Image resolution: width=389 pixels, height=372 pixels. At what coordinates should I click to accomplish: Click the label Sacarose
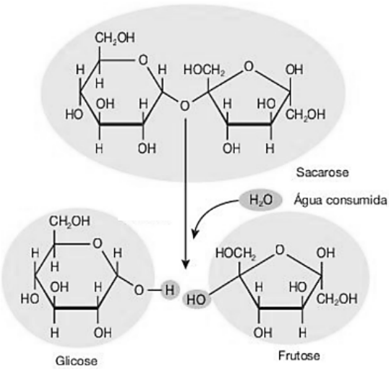(322, 172)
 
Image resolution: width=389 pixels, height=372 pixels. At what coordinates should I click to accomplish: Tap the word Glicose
(76, 361)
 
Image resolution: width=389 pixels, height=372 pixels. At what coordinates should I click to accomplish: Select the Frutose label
(299, 355)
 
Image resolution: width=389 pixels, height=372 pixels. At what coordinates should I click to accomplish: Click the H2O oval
(261, 200)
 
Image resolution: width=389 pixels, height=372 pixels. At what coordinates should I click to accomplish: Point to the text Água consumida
(340, 200)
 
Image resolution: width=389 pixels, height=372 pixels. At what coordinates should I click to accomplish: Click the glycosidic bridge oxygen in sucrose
(184, 106)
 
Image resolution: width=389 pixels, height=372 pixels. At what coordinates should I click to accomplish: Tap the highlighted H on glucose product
(169, 290)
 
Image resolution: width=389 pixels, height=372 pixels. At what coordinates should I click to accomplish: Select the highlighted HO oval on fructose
(197, 299)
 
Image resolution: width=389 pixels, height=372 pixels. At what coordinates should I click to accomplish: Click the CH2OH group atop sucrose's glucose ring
(115, 38)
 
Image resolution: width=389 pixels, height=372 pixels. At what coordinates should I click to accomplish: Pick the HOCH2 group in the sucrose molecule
(204, 70)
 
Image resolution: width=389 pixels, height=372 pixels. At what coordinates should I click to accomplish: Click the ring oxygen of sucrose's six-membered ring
(143, 60)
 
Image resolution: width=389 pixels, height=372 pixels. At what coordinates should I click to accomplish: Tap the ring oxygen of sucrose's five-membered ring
(248, 67)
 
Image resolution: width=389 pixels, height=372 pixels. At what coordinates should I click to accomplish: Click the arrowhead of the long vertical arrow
(185, 264)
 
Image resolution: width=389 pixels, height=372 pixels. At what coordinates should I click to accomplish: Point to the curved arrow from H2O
(208, 211)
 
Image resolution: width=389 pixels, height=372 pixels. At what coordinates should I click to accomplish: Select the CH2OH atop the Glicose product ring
(70, 221)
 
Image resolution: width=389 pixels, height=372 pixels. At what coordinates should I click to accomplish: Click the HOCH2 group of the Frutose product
(235, 254)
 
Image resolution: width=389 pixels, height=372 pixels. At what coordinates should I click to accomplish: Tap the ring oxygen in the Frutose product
(280, 250)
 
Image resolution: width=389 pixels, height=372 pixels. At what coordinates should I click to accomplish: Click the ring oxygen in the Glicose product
(98, 243)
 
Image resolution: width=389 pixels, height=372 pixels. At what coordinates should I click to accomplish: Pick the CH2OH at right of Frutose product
(337, 299)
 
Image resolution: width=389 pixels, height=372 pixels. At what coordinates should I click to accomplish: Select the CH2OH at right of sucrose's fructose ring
(305, 115)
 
